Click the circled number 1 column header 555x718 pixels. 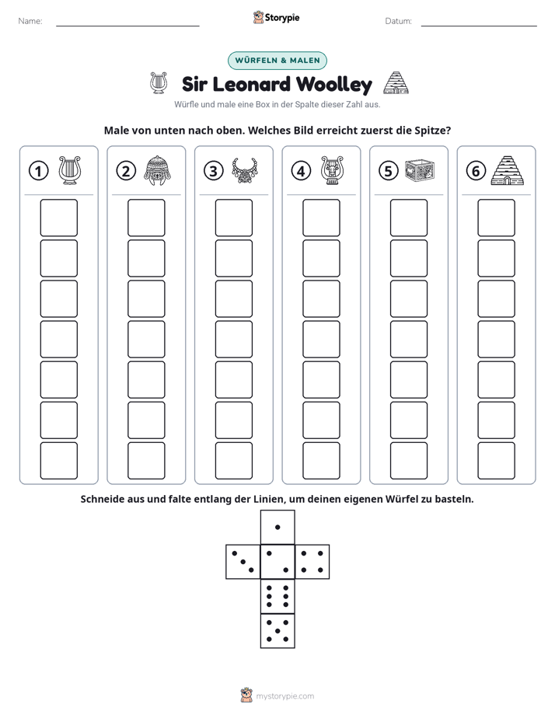pos(38,171)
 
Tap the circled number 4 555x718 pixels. pos(301,171)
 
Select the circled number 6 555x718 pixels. pos(476,171)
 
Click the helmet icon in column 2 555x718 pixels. pos(156,170)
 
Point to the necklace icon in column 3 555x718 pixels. pos(245,170)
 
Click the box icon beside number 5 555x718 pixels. pos(420,170)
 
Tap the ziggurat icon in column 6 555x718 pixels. pos(507,170)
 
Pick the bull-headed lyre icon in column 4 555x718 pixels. pos(332,170)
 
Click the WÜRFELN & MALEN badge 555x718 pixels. pos(277,61)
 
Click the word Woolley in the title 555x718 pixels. pos(333,85)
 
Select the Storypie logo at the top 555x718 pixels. pos(277,17)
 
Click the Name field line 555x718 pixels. pos(127,26)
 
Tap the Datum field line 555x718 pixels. pos(479,26)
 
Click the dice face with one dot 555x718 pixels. pos(277,527)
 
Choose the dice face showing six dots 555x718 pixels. pos(277,596)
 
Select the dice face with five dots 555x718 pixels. pos(277,631)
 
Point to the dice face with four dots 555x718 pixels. pos(312,562)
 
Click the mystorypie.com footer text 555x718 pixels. pos(284,696)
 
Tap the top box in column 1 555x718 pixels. pos(58,218)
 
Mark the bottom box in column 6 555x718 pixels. pos(497,461)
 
